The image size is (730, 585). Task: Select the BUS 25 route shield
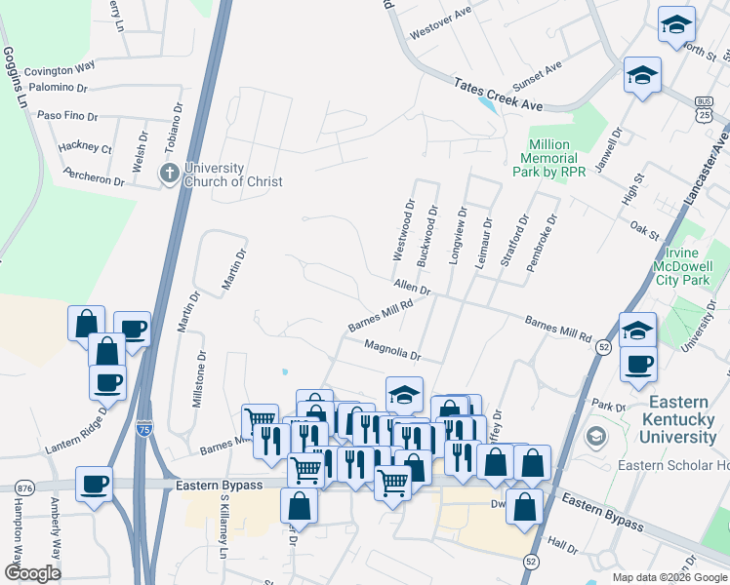coord(704,108)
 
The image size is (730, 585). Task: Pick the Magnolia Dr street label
coord(391,349)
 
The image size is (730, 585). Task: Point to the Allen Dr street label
coord(413,288)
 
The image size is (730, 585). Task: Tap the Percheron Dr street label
coord(94,181)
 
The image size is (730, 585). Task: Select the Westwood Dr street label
coord(398,230)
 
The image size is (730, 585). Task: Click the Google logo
coord(32,573)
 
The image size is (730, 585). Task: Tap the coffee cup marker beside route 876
coord(95,484)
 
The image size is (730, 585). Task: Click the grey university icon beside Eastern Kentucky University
coord(593,436)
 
